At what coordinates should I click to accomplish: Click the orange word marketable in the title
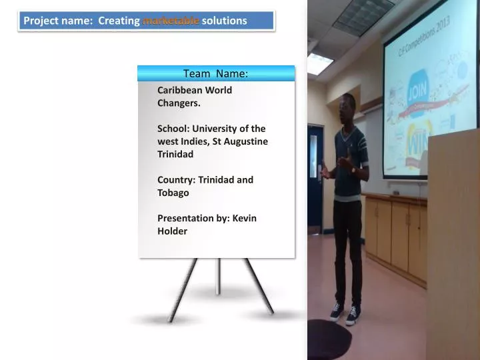(171, 21)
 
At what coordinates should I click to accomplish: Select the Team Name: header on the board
(215, 73)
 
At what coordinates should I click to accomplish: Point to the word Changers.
(179, 103)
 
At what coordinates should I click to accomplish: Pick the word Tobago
(173, 193)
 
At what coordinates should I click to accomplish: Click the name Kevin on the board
(244, 218)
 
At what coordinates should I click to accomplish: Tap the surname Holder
(172, 231)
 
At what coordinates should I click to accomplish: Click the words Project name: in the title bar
(58, 21)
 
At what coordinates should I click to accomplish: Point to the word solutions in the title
(224, 21)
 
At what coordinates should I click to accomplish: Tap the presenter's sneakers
(345, 313)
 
